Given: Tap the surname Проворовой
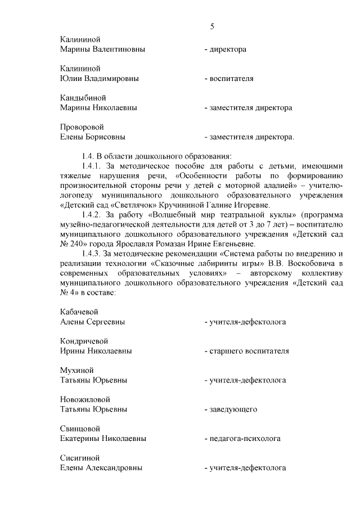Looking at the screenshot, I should [82, 127].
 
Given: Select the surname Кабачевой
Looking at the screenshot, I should [80, 312].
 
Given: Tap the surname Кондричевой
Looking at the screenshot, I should [84, 341].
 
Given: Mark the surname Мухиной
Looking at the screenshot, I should [76, 370].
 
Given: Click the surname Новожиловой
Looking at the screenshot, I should [84, 399].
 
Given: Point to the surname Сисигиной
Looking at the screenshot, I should [80, 458].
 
